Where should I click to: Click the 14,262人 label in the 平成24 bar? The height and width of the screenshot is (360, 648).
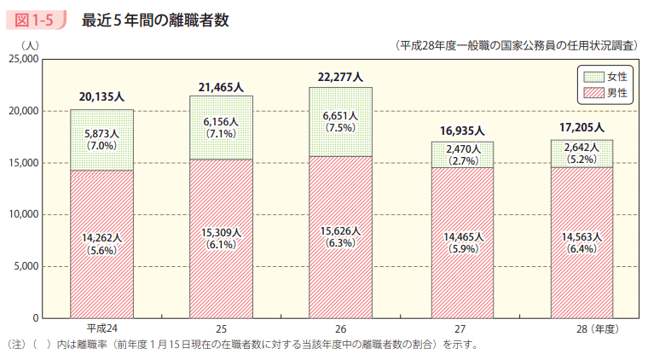(101, 239)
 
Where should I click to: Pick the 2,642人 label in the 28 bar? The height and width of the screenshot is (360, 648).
(581, 146)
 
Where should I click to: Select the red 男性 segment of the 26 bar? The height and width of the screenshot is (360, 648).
(341, 273)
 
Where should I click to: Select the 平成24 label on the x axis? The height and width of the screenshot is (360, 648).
(101, 328)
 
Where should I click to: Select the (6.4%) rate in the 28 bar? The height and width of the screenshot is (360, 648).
(581, 250)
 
